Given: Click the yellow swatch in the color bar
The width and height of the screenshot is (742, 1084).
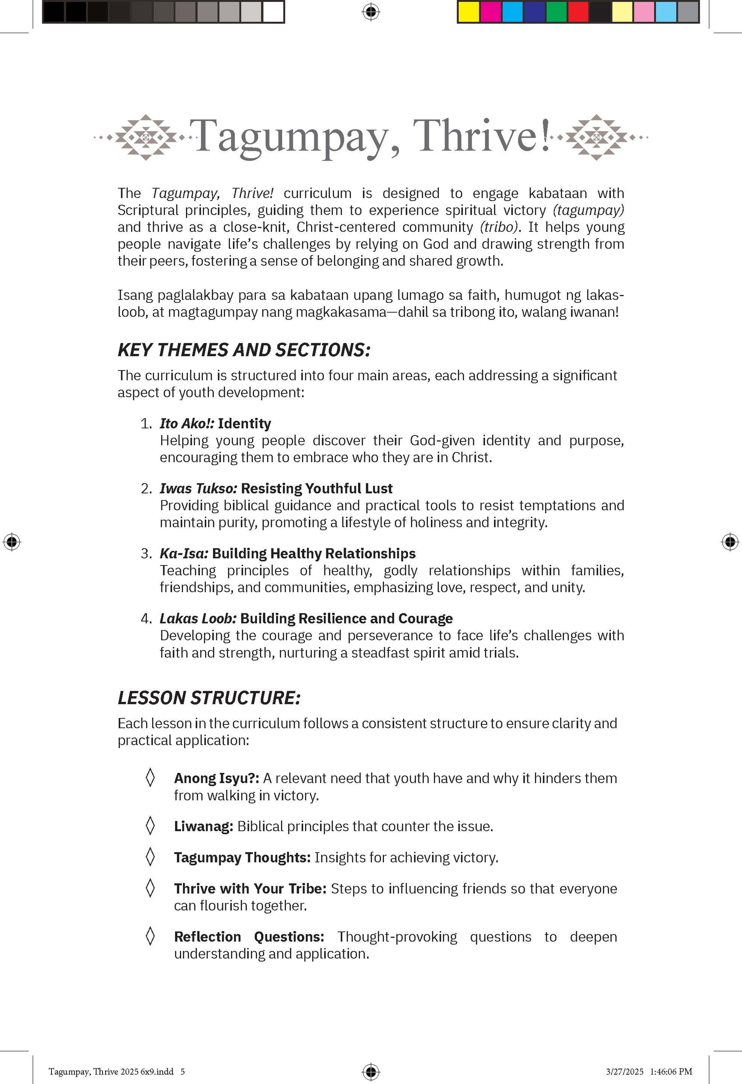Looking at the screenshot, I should [468, 12].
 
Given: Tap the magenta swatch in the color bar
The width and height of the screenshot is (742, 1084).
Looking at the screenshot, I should [490, 12].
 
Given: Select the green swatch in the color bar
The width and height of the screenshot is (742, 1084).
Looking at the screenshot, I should [556, 12].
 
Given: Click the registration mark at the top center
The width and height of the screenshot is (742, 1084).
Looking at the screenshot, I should [371, 12].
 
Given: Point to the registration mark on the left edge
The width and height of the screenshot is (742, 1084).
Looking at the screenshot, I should [12, 541].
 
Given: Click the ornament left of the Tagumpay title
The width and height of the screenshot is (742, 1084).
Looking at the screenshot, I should [146, 138].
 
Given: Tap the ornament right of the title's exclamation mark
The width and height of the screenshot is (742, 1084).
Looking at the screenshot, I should [596, 138].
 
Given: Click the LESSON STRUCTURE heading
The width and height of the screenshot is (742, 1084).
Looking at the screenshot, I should [209, 698].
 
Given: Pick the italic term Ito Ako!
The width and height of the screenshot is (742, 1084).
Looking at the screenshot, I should [187, 424].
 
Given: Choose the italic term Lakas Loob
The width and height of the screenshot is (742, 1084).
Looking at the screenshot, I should [198, 618].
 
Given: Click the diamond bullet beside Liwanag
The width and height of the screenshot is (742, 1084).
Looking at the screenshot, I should [150, 826].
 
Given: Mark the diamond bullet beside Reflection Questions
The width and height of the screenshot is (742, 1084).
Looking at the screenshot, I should [150, 936].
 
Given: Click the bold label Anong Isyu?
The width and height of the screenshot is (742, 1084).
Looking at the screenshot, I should [217, 779].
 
